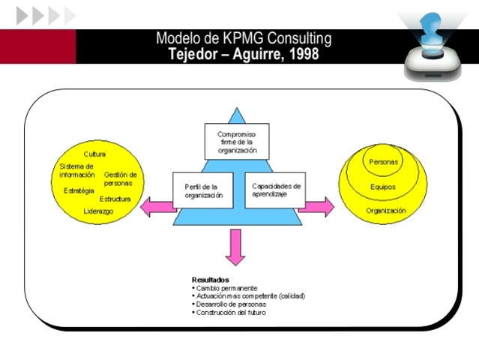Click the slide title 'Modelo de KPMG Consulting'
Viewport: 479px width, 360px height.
(244, 38)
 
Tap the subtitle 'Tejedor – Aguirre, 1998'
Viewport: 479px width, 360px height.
(244, 54)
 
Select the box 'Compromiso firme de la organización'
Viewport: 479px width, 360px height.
(236, 141)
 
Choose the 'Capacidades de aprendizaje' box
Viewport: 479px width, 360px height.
(276, 190)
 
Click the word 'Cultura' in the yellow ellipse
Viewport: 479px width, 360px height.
(94, 154)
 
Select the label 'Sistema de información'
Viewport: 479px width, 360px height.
(77, 170)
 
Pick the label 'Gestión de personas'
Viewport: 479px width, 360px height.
(120, 178)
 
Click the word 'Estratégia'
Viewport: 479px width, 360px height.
(79, 190)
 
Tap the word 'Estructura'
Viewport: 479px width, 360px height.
(115, 199)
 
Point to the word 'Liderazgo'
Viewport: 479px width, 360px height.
(98, 211)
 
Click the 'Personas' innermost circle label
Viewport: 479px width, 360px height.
(384, 161)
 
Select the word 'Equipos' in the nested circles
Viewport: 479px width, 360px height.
(383, 187)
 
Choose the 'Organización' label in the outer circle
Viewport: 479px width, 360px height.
(385, 211)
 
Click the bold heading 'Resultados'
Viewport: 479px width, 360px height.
(211, 280)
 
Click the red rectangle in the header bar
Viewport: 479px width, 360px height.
(37, 46)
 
